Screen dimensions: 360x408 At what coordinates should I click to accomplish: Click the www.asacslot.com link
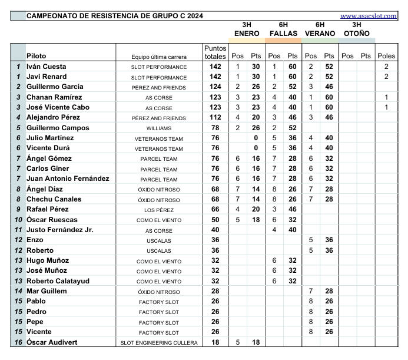[369, 16]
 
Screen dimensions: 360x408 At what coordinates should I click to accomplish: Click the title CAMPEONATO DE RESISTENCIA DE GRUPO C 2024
[115, 16]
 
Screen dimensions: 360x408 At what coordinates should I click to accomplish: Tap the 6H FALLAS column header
[283, 29]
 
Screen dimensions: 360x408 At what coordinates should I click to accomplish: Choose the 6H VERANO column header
[320, 29]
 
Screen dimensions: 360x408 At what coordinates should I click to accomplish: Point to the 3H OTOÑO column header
[356, 29]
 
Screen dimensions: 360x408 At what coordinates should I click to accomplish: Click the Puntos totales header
[215, 52]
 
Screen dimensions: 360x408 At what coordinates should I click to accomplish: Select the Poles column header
[386, 56]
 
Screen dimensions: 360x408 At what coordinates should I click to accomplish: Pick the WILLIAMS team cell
[159, 128]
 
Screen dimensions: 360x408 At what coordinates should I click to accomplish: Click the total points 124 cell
[215, 87]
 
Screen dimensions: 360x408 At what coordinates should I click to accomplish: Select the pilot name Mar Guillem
[47, 291]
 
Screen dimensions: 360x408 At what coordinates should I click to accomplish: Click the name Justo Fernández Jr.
[60, 230]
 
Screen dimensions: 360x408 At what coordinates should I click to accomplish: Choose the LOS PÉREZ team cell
[159, 210]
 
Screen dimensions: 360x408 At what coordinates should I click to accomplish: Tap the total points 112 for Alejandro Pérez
[215, 118]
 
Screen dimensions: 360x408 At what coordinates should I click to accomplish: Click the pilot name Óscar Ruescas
[52, 220]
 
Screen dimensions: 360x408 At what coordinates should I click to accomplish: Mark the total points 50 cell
[215, 220]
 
